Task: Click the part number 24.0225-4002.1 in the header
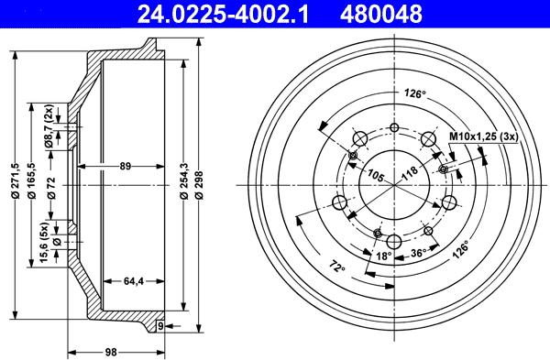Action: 223,14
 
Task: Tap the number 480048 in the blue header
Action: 381,14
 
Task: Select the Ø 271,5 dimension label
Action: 15,180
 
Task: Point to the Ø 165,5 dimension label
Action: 32,180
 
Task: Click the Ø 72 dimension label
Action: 52,188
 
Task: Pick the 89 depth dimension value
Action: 126,166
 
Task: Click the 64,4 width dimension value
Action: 134,281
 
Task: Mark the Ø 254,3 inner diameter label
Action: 184,180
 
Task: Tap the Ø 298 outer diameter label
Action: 200,185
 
